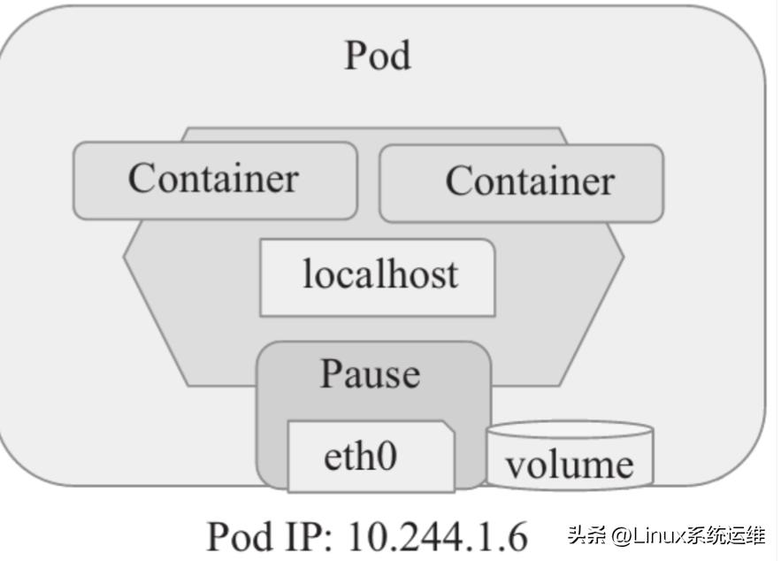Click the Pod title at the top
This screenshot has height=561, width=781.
point(378,56)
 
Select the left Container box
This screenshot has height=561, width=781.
point(215,180)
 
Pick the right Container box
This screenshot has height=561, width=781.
point(521,183)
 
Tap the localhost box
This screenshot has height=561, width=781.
point(378,276)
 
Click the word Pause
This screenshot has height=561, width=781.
point(370,374)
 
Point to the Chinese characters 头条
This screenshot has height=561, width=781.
point(590,534)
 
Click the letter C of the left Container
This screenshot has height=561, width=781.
point(142,178)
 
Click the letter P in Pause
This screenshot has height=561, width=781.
point(332,373)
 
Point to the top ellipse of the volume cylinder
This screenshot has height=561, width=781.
point(570,431)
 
